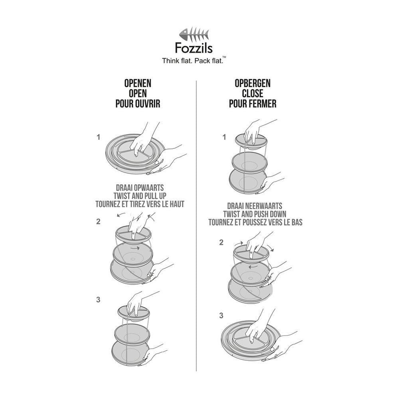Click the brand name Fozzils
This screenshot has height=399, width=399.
point(194,49)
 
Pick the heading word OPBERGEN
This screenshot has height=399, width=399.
point(253,83)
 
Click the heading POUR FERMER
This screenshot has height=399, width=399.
point(253,104)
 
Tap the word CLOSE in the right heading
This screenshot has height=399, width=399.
point(253,94)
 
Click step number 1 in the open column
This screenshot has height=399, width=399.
point(98,137)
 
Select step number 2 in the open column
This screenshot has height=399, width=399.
point(98,222)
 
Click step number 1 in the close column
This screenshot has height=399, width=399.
point(224,137)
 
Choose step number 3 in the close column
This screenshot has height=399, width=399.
point(221,316)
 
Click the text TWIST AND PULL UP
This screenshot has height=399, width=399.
point(140,196)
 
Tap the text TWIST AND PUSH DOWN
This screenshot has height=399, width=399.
point(255,214)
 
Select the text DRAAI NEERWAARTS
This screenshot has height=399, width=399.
point(255,205)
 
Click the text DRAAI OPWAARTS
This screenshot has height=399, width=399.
point(140,187)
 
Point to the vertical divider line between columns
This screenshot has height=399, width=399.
point(197,223)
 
